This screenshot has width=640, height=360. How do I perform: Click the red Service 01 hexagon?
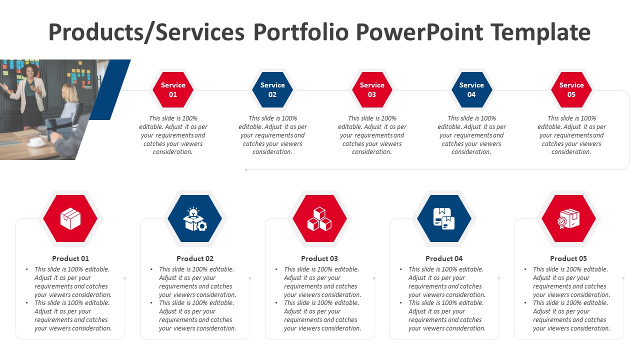pyautogui.click(x=173, y=89)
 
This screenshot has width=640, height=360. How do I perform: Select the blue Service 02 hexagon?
pyautogui.click(x=272, y=89)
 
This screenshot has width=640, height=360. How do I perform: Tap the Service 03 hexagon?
pyautogui.click(x=372, y=89)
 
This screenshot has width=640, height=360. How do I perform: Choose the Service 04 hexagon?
pyautogui.click(x=471, y=89)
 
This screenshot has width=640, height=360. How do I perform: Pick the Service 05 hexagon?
pyautogui.click(x=571, y=89)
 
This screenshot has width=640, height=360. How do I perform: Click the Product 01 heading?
pyautogui.click(x=70, y=258)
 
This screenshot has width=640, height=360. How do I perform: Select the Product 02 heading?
pyautogui.click(x=195, y=258)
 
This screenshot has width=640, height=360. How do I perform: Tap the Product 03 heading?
pyautogui.click(x=319, y=258)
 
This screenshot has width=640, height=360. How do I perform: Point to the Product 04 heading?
pyautogui.click(x=444, y=258)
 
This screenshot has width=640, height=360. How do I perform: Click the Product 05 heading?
pyautogui.click(x=568, y=258)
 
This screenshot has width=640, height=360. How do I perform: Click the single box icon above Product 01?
pyautogui.click(x=70, y=219)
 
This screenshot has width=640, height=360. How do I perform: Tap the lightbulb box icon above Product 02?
pyautogui.click(x=195, y=219)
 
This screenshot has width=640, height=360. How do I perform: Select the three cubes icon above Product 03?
pyautogui.click(x=319, y=219)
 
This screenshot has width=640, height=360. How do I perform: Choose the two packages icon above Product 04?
pyautogui.click(x=444, y=219)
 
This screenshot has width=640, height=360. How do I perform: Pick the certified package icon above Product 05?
pyautogui.click(x=568, y=219)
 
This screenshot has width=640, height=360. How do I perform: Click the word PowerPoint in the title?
pyautogui.click(x=419, y=32)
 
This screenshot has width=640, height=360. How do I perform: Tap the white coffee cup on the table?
pyautogui.click(x=36, y=141)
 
